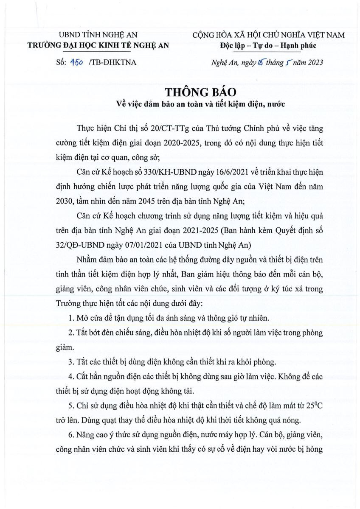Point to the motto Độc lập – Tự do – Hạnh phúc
268,45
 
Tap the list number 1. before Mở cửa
71,318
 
